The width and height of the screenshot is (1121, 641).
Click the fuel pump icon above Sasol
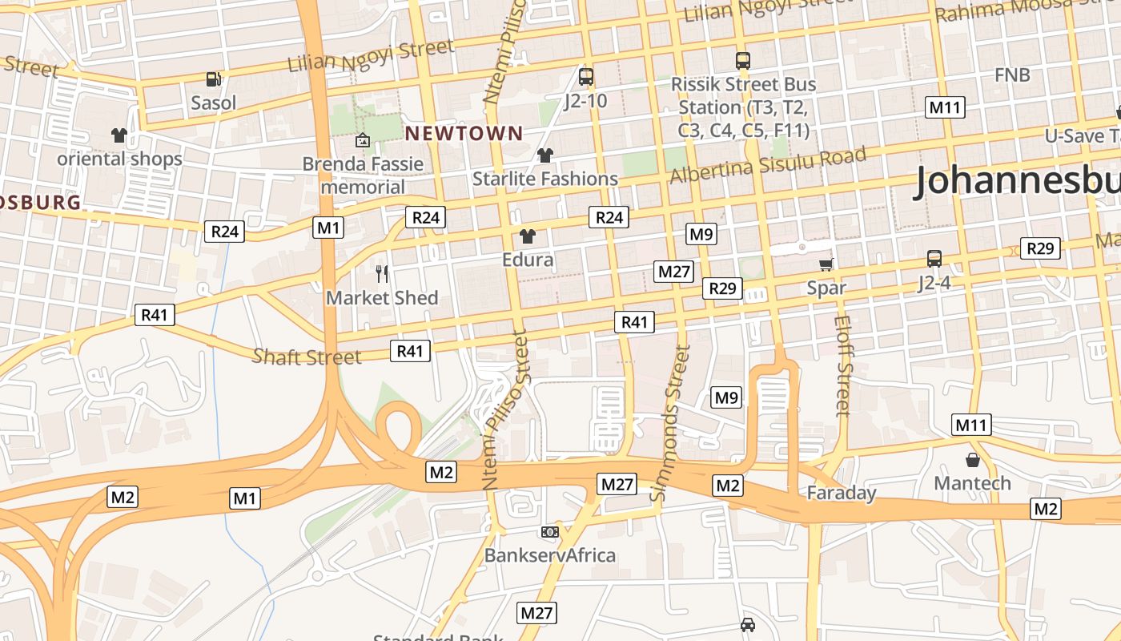(x=213, y=79)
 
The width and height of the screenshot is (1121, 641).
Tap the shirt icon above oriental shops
(x=119, y=135)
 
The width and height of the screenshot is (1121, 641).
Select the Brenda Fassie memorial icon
(x=362, y=140)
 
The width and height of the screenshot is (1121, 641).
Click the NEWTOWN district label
(x=464, y=133)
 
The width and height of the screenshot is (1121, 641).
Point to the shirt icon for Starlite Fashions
(x=545, y=155)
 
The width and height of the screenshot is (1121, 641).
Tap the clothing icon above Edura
(x=527, y=236)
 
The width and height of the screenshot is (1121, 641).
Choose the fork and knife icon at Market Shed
(x=382, y=274)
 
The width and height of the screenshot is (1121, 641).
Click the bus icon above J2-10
(x=586, y=77)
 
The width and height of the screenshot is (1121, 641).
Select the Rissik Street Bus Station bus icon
(x=743, y=60)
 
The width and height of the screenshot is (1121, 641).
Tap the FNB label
(x=1012, y=75)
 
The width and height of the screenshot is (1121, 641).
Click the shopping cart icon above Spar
(x=826, y=264)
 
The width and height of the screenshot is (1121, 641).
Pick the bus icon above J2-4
(x=934, y=258)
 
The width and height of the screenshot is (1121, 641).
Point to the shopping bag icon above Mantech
(x=972, y=460)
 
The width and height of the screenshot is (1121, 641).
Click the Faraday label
(x=841, y=493)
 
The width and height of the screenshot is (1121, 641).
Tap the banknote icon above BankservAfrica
(x=549, y=531)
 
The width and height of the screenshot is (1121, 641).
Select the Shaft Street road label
(x=307, y=357)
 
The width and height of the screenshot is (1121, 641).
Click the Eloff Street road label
(x=842, y=365)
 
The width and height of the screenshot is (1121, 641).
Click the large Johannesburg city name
(x=1017, y=181)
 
